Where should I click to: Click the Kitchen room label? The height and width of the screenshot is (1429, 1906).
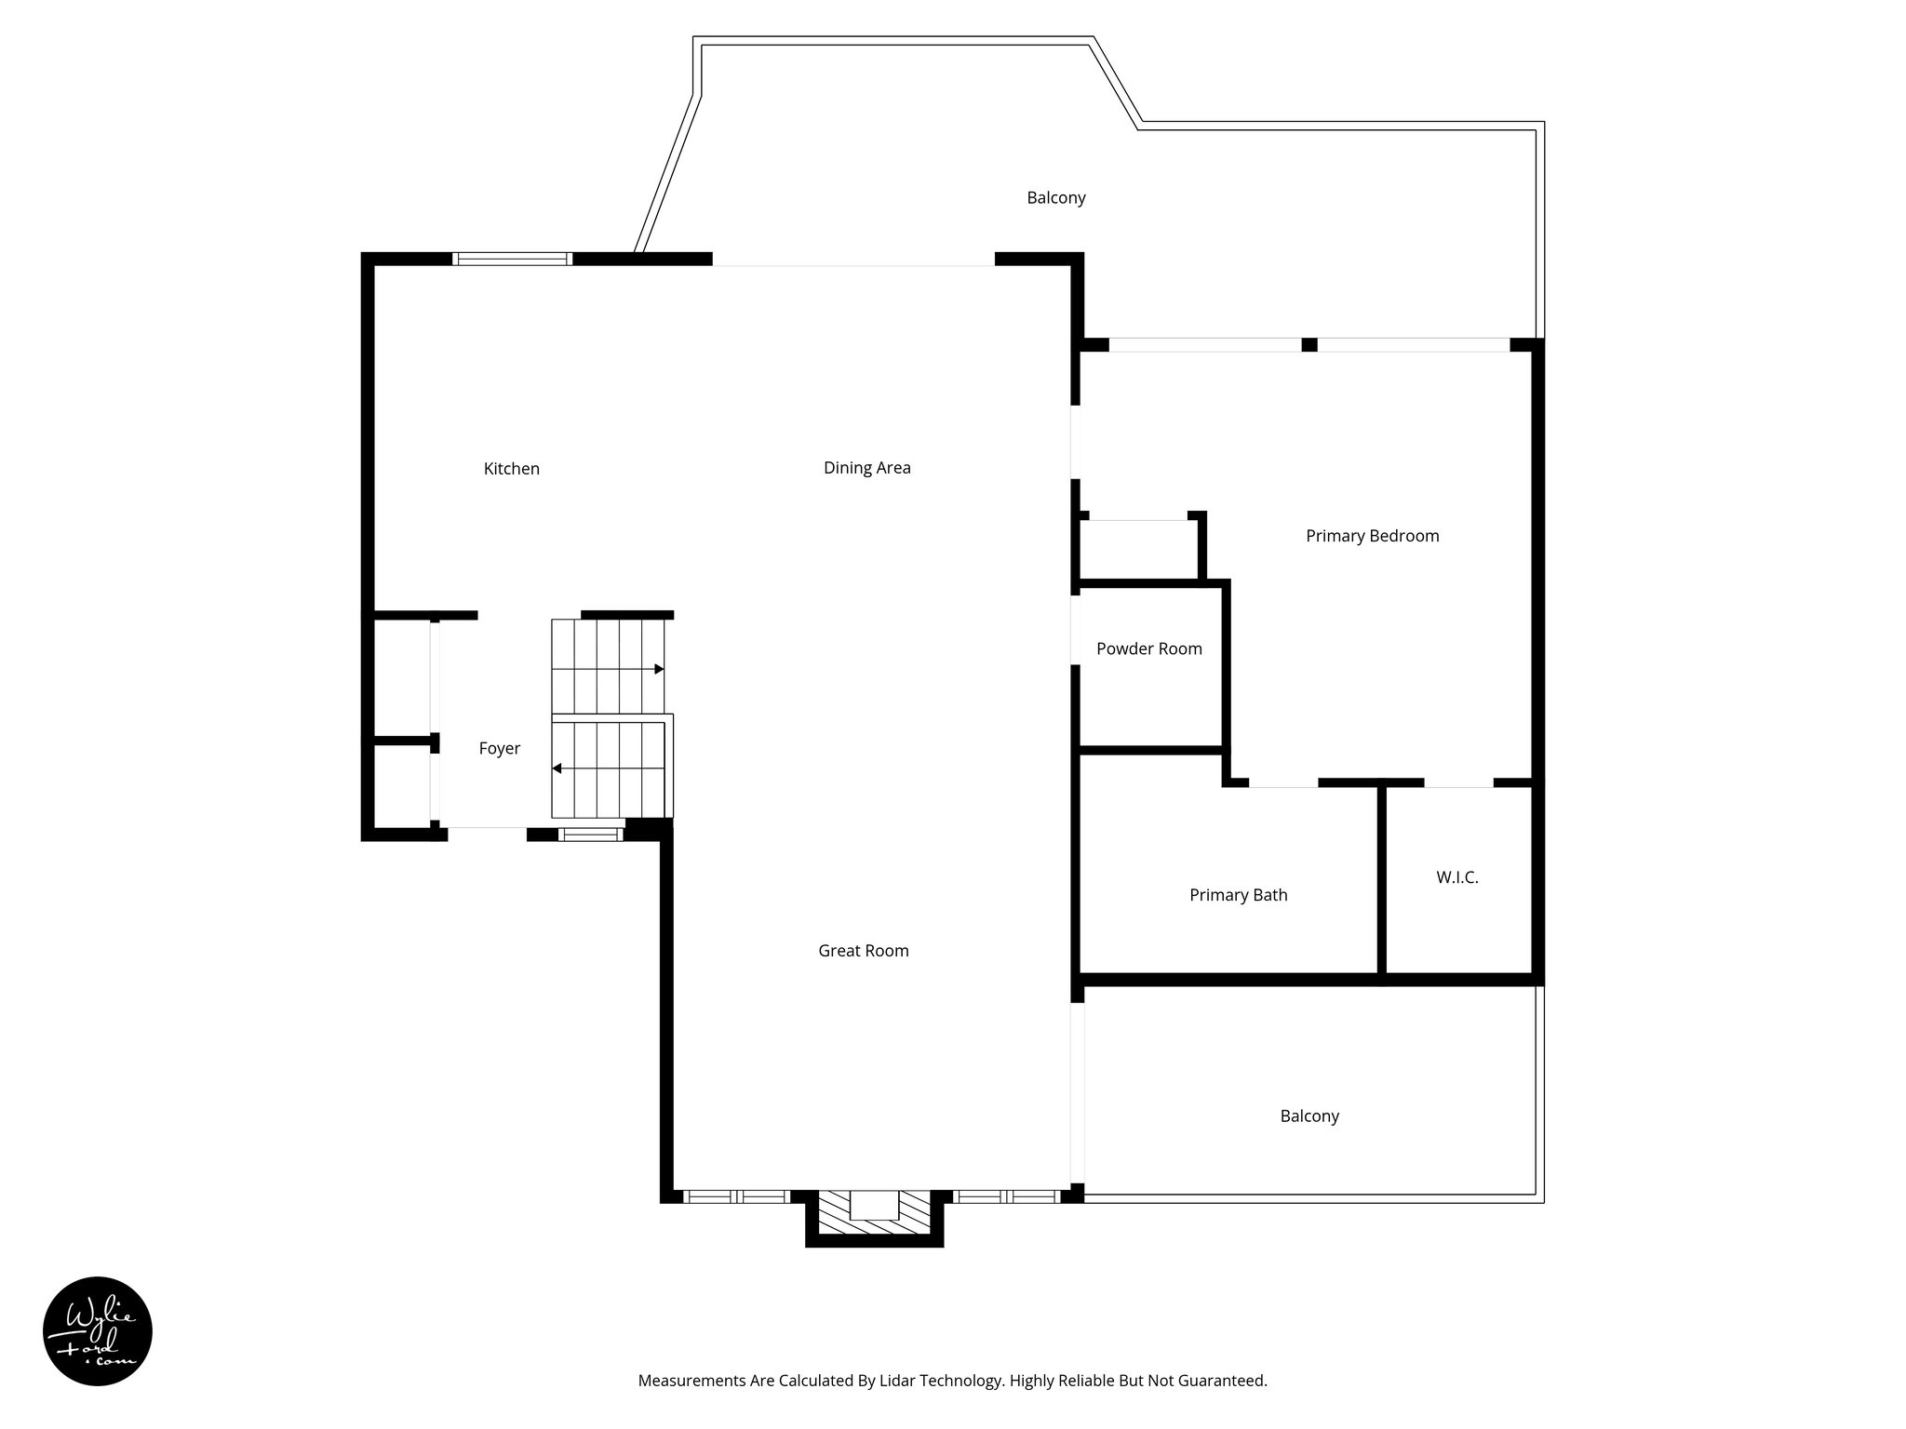tap(511, 469)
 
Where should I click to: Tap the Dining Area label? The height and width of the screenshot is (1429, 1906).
tap(866, 468)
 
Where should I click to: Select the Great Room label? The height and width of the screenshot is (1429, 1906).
tap(863, 951)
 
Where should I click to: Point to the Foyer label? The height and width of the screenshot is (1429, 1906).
tap(499, 749)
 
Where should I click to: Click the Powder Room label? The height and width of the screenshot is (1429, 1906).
tap(1148, 649)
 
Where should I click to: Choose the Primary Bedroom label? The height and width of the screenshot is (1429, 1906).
tap(1372, 536)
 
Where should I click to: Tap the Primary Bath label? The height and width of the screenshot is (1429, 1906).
tap(1238, 895)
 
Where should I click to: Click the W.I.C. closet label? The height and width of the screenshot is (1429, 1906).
tap(1456, 877)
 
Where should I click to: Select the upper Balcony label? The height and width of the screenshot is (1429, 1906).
tap(1055, 198)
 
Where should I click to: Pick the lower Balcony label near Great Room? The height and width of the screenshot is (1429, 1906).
tap(1309, 1116)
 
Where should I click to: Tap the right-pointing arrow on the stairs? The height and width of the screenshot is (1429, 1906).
tap(659, 669)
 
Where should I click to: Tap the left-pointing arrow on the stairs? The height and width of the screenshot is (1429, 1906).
tap(557, 768)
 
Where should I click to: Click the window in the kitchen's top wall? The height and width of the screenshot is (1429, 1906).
tap(512, 260)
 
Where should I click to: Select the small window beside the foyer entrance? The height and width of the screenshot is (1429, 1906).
tap(591, 835)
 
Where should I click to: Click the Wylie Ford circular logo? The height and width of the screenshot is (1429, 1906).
tap(98, 1330)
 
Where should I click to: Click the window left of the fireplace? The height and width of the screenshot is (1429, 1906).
tap(735, 1196)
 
